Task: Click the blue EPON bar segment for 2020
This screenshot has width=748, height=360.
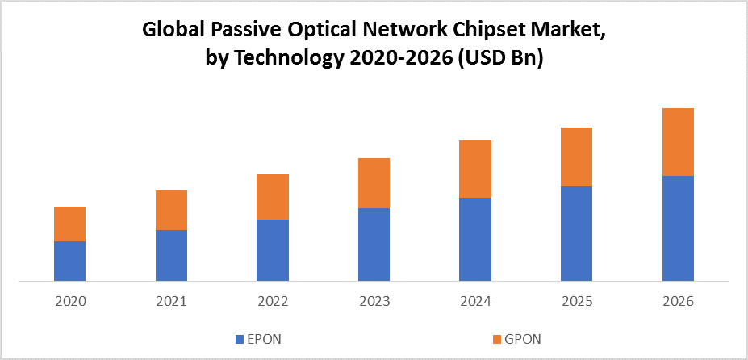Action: tap(69, 261)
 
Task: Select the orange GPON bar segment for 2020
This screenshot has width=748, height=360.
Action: tap(69, 224)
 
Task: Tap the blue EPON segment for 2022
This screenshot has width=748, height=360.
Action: tap(272, 250)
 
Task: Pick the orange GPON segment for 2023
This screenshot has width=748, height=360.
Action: tap(374, 183)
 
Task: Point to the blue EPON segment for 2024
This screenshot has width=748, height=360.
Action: tap(475, 239)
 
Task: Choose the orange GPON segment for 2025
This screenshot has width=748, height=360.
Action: tap(576, 157)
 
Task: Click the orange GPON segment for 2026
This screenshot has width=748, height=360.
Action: tap(678, 142)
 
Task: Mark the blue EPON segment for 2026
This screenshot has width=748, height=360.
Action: tap(678, 228)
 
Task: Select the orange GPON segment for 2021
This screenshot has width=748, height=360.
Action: tap(171, 210)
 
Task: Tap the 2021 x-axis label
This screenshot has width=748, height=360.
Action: tap(171, 301)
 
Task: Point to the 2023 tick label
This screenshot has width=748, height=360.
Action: tap(374, 301)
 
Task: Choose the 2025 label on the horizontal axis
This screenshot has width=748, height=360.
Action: tap(576, 301)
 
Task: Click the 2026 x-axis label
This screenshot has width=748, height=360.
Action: tap(678, 301)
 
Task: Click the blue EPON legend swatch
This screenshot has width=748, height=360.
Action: tap(239, 337)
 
